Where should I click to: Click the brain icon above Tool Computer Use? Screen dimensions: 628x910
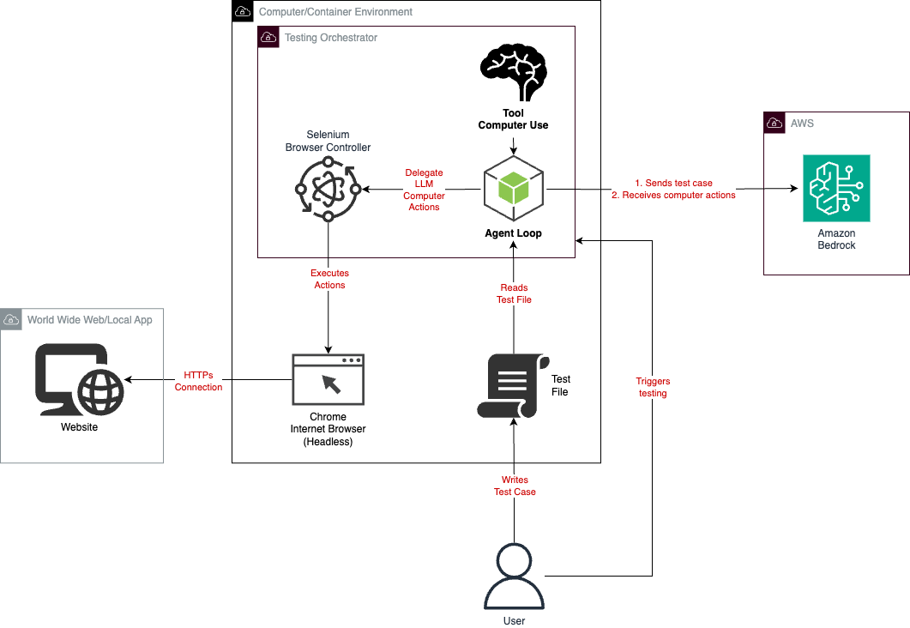[x=513, y=75]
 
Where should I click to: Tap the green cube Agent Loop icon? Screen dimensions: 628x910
[x=513, y=189]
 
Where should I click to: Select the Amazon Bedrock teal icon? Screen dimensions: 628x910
[x=836, y=188]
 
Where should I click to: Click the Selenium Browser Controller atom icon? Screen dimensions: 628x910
[x=327, y=189]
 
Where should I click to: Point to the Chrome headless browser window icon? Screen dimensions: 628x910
[x=328, y=379]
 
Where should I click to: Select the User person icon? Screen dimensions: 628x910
[x=514, y=578]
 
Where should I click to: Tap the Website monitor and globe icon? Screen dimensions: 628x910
[x=79, y=380]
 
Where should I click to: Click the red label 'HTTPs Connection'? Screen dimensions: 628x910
[x=198, y=381]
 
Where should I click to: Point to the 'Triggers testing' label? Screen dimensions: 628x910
[x=653, y=387]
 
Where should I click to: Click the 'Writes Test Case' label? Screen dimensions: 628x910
[x=515, y=486]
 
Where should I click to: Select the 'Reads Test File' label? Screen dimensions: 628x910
[x=514, y=293]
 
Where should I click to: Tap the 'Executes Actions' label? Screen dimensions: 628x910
[x=329, y=279]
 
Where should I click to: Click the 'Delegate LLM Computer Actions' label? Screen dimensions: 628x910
[x=424, y=190]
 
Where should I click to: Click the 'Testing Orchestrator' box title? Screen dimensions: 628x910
[x=330, y=38]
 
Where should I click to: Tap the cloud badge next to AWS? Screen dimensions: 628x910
[x=774, y=124]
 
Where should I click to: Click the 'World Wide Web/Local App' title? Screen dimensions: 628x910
[x=89, y=320]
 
